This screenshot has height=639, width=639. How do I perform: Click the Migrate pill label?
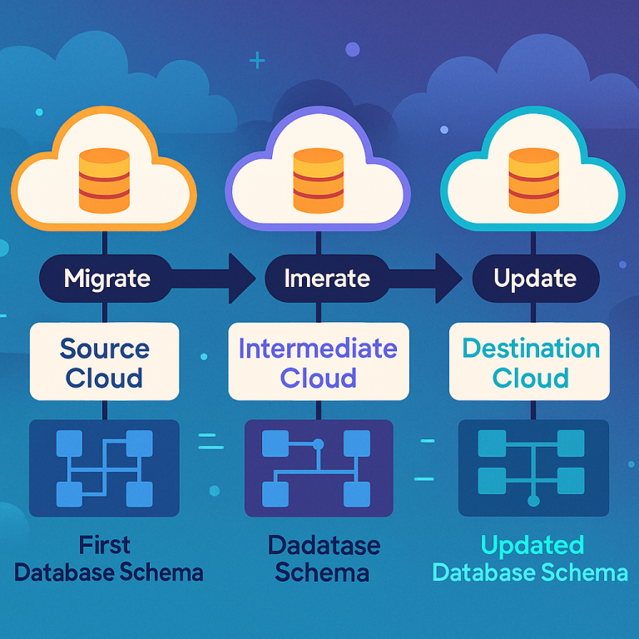click(106, 278)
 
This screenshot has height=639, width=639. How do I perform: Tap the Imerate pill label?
click(316, 278)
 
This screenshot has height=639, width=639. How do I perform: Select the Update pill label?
click(535, 278)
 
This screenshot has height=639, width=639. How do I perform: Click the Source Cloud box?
click(105, 363)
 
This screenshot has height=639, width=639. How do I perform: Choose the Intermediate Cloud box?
click(318, 363)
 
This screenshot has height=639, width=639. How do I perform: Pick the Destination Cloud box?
click(531, 363)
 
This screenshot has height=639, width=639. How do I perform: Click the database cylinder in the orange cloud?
click(104, 180)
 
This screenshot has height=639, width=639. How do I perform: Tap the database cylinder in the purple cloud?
click(318, 180)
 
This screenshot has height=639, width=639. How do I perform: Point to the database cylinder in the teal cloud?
click(532, 180)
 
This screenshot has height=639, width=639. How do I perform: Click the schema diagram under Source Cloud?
click(104, 468)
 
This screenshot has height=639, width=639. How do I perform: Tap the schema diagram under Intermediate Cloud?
click(319, 468)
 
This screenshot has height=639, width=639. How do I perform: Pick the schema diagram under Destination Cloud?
click(533, 468)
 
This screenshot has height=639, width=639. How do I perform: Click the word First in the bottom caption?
click(105, 545)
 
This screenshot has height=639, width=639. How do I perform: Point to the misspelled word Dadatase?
click(324, 547)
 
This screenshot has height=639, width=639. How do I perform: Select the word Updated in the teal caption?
click(532, 546)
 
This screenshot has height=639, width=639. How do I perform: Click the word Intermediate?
click(318, 348)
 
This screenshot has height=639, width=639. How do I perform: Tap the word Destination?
click(531, 348)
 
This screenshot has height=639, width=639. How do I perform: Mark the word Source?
click(105, 348)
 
